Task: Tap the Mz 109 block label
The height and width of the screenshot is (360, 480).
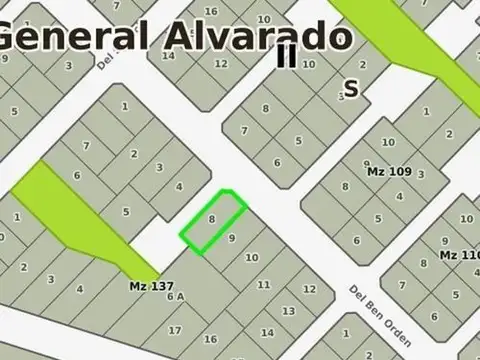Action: click(389, 171)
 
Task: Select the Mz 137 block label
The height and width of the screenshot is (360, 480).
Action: click(150, 286)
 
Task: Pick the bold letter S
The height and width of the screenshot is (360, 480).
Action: click(351, 88)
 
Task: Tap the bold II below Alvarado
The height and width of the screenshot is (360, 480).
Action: click(287, 57)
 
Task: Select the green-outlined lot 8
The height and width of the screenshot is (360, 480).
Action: click(213, 219)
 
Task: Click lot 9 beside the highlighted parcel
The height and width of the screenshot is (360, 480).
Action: click(232, 238)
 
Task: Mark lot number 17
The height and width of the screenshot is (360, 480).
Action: click(175, 330)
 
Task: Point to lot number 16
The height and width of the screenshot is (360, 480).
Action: click(211, 339)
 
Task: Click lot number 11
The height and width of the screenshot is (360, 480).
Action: click(264, 285)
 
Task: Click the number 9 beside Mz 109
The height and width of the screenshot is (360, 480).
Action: click(367, 164)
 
